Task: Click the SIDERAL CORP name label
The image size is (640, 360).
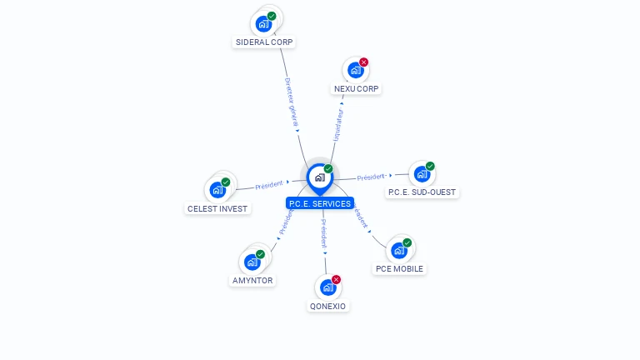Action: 264,42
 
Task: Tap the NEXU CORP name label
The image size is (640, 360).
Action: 357,88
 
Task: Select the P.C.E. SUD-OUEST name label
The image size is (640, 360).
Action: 422,192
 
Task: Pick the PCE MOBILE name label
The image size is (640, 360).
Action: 399,269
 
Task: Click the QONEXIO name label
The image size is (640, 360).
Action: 327,306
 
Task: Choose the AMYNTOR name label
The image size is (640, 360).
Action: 252,281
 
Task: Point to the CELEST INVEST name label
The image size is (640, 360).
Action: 217,208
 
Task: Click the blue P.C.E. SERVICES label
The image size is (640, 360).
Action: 319,203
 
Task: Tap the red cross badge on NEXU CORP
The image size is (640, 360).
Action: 363,62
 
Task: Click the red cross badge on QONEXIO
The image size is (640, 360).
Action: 336,279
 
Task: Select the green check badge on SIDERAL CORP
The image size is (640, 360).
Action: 272,16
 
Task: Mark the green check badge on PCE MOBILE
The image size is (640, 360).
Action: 407,242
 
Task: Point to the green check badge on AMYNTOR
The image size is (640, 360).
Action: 260,254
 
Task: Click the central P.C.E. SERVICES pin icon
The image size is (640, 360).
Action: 319,177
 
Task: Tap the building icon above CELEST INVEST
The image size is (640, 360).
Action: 217,189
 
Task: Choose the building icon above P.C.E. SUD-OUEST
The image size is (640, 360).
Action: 422,174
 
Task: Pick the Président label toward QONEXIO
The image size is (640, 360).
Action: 324,234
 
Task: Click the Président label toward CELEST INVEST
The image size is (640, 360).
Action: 269,184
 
